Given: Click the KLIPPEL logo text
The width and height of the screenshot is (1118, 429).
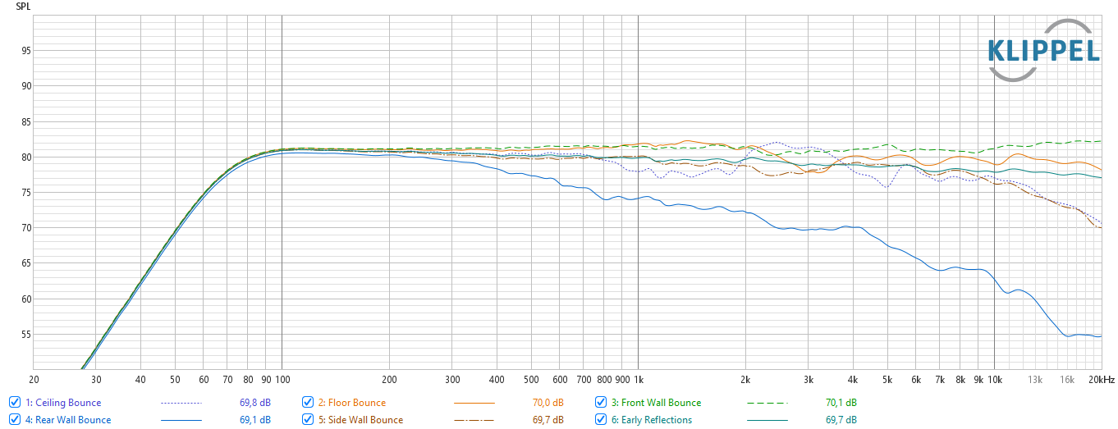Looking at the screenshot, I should coord(1043,51).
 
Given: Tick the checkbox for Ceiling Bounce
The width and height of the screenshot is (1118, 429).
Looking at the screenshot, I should coord(15,403).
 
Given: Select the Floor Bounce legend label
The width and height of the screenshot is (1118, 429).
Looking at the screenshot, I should coord(356,403).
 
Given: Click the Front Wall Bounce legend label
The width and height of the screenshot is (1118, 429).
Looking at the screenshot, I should coord(655,403).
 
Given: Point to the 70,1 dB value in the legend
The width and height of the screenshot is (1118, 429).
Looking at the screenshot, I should coord(841,403).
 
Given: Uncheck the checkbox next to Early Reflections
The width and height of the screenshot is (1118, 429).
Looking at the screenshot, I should coord(601,420).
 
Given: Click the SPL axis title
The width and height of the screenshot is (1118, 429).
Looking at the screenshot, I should coord(23,7).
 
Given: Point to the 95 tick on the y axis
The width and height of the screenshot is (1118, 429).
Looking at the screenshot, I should coord(26,51).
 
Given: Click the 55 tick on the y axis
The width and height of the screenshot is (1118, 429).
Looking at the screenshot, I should coord(26,335).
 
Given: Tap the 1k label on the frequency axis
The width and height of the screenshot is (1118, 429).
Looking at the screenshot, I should coord(638,380).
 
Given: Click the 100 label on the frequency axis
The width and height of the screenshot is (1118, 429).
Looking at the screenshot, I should coord(282,380).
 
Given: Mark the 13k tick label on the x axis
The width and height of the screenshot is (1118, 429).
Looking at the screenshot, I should coord(1036,380).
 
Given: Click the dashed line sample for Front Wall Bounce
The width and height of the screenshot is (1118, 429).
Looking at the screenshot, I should coord(767,403).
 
